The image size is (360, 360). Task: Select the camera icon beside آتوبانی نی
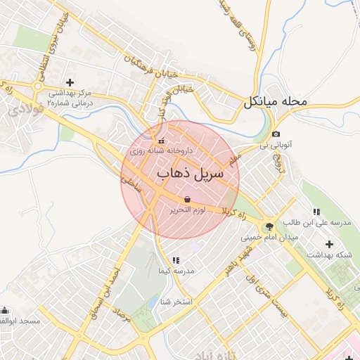(276, 134)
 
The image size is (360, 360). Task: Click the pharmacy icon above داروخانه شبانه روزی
(160, 140)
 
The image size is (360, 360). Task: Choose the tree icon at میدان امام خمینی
(268, 226)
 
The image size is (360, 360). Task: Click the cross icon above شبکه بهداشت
(330, 243)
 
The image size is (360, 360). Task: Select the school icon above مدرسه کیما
(176, 261)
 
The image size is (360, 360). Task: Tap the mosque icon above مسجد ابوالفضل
(6, 310)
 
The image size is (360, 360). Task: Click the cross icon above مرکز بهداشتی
(70, 82)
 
